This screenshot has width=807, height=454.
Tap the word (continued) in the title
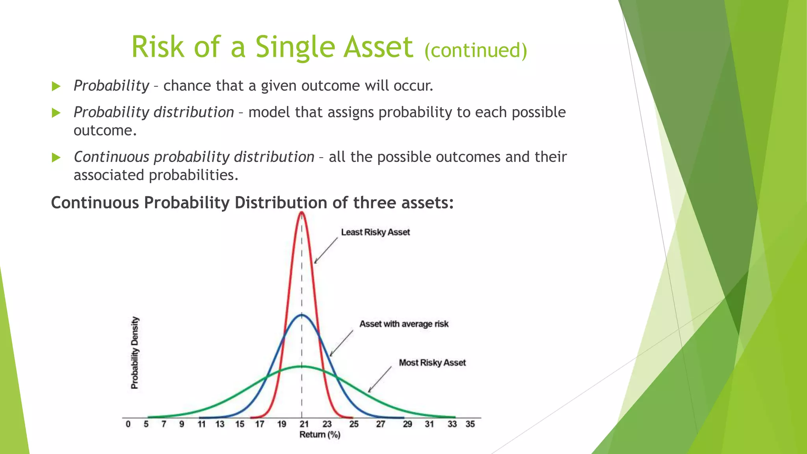(476, 50)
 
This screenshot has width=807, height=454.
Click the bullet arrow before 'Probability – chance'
(56, 86)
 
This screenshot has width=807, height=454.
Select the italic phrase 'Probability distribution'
(154, 112)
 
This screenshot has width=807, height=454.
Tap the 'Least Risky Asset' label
(375, 232)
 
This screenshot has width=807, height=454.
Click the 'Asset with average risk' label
(403, 324)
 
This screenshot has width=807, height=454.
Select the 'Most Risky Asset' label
(432, 363)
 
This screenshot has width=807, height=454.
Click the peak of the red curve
(302, 212)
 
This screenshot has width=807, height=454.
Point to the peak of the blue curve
(302, 314)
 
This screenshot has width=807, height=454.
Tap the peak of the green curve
(303, 367)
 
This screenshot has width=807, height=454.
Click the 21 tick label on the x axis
(303, 424)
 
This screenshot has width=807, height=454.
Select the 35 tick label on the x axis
(470, 424)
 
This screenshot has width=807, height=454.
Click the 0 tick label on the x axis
(128, 424)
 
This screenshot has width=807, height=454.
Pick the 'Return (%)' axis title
(320, 435)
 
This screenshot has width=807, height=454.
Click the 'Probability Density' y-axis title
(135, 353)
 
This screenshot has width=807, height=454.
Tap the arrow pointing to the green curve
(379, 380)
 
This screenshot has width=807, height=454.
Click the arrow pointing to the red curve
(326, 250)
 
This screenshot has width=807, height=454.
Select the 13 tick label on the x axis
(219, 424)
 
